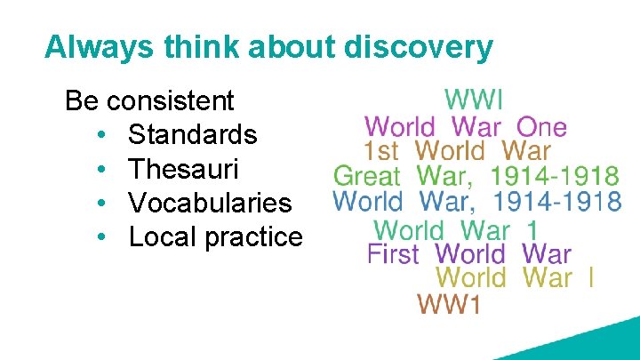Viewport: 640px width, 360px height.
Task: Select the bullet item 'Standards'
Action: [x=192, y=135]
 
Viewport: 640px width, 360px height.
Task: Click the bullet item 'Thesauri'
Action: [x=183, y=169]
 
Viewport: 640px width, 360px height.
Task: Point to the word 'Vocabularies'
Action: [x=210, y=203]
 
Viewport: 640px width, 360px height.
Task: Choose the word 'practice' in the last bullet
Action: [x=262, y=237]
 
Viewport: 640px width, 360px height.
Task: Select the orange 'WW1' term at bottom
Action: [x=449, y=305]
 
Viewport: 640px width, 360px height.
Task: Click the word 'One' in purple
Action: [x=541, y=127]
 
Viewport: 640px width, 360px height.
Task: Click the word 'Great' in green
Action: [x=367, y=177]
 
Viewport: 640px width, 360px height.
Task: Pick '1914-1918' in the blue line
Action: [x=556, y=202]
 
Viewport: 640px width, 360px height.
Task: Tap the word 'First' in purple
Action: [x=393, y=253]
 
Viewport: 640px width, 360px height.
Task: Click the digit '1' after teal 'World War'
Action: [x=532, y=229]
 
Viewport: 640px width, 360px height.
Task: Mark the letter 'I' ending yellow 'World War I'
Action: [x=590, y=278]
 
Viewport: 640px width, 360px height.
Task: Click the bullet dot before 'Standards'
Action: [x=103, y=136]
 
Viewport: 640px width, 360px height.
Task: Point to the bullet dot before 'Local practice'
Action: [x=103, y=238]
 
